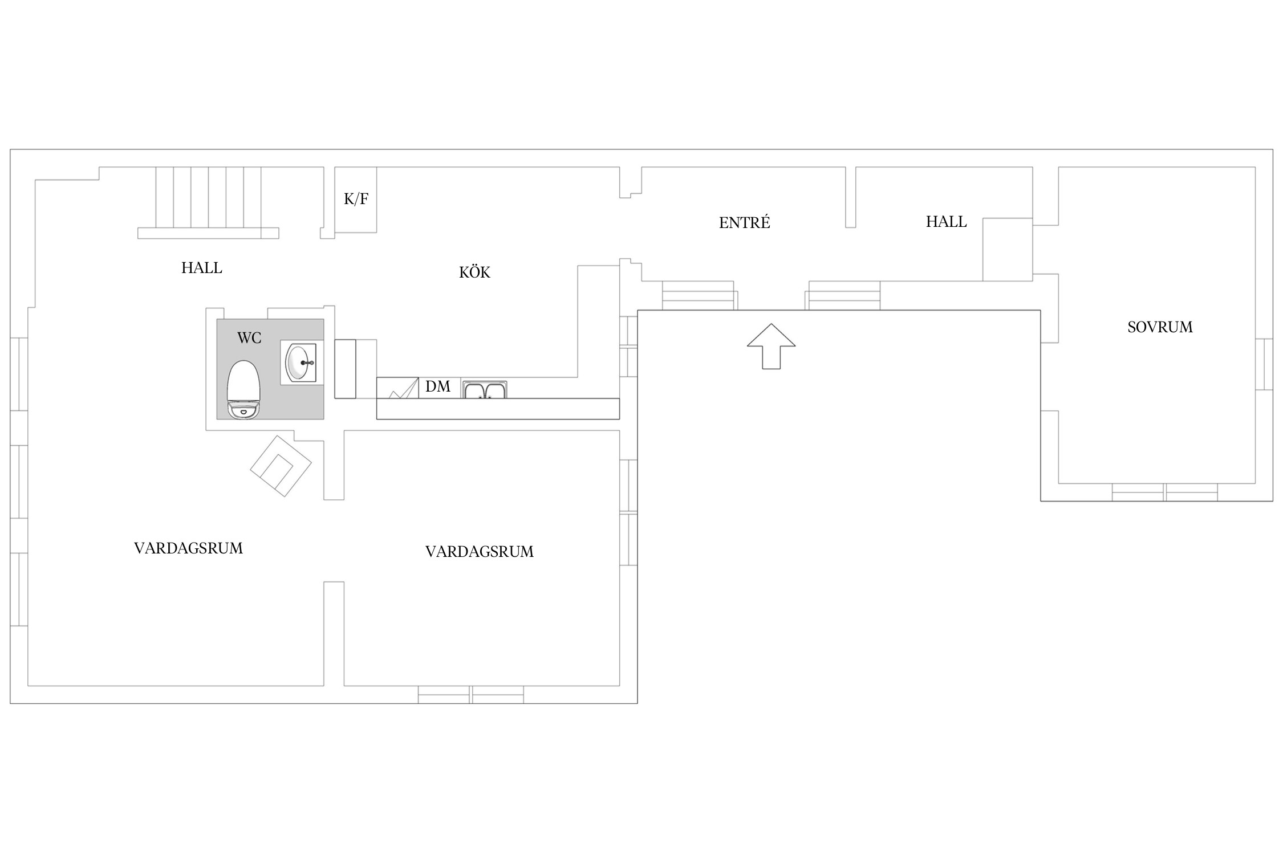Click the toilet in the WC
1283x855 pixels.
click(x=243, y=390)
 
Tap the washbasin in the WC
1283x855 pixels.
click(x=302, y=363)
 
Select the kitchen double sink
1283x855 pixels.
click(x=484, y=390)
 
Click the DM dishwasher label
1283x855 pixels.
click(x=438, y=386)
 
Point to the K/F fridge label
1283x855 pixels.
click(x=356, y=199)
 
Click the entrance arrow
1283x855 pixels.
click(x=771, y=346)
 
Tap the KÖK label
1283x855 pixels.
click(x=474, y=272)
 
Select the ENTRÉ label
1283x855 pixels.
click(x=744, y=222)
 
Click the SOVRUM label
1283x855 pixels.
click(x=1160, y=327)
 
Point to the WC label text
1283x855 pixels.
click(x=249, y=338)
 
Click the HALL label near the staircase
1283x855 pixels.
click(x=201, y=268)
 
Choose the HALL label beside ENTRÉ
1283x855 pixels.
click(x=946, y=222)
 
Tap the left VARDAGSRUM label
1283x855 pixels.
click(x=188, y=548)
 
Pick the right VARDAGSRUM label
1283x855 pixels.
click(x=480, y=552)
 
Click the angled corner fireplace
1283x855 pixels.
click(x=281, y=466)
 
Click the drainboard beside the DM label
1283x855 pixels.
click(x=397, y=388)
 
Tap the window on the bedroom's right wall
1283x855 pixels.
click(x=1264, y=364)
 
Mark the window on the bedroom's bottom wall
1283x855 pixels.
click(x=1164, y=492)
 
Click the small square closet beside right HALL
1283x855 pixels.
click(x=1008, y=250)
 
